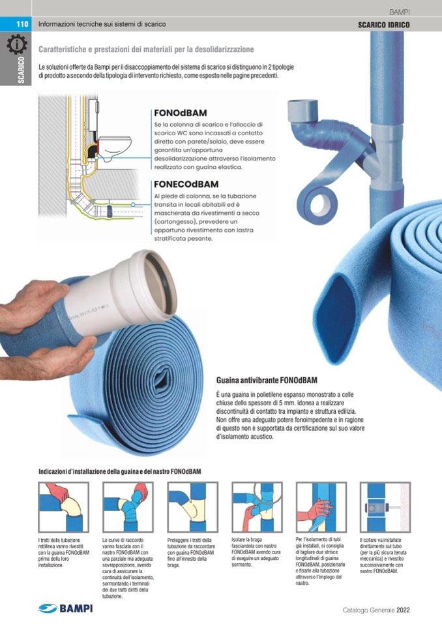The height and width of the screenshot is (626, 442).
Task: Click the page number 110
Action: coord(22,24)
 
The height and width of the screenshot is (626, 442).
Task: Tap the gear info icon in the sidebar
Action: coord(17,44)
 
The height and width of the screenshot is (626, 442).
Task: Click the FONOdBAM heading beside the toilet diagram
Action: coord(180,113)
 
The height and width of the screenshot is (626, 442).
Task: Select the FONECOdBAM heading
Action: coord(186,185)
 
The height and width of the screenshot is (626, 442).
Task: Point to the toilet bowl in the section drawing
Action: coord(115,146)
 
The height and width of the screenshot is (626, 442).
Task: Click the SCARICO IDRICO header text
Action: coord(383,25)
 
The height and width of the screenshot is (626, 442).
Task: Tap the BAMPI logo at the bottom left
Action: coord(66,608)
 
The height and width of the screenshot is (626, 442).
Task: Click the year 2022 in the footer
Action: coord(403,610)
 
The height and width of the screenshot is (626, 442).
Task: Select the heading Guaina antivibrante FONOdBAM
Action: coord(267,380)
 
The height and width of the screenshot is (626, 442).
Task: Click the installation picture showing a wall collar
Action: coord(385,507)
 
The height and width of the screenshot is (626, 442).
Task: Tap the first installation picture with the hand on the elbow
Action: coord(63,507)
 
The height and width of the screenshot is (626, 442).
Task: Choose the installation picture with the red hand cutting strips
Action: coord(321,507)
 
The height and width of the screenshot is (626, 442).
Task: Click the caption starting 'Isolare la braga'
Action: coord(256,552)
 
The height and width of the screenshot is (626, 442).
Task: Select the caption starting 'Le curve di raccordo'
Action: coord(128,568)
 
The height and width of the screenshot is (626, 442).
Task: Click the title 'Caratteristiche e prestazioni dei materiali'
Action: coord(146,50)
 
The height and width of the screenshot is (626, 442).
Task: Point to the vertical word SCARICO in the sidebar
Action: coord(21,70)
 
